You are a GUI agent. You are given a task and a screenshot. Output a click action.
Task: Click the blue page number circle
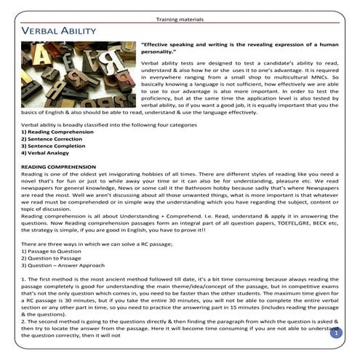coord(336,333)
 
